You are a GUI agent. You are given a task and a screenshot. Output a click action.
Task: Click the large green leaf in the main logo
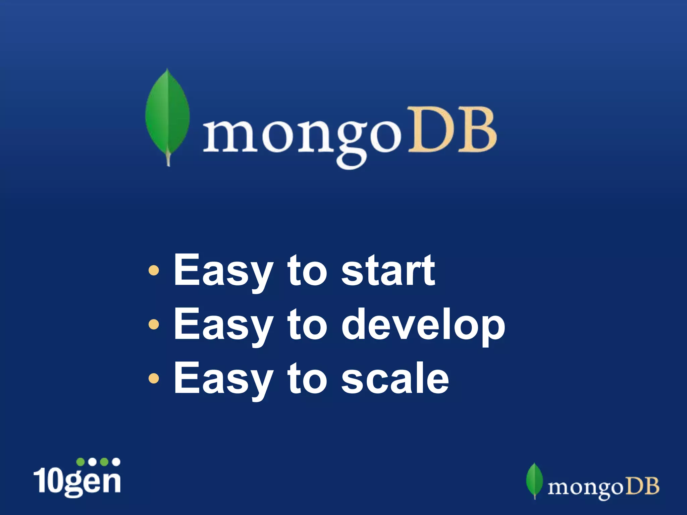coord(167,114)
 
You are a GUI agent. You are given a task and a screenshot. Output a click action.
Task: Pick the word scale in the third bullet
coord(395,379)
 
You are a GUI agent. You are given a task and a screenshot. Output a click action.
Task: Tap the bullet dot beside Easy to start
coord(154,270)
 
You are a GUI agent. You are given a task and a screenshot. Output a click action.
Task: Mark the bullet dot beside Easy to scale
coord(154,378)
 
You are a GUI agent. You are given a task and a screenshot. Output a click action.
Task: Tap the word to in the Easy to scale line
coord(307,379)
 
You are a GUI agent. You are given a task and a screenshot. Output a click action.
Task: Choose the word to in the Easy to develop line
coord(307,325)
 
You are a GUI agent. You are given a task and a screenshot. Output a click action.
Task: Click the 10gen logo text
coord(77,481)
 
